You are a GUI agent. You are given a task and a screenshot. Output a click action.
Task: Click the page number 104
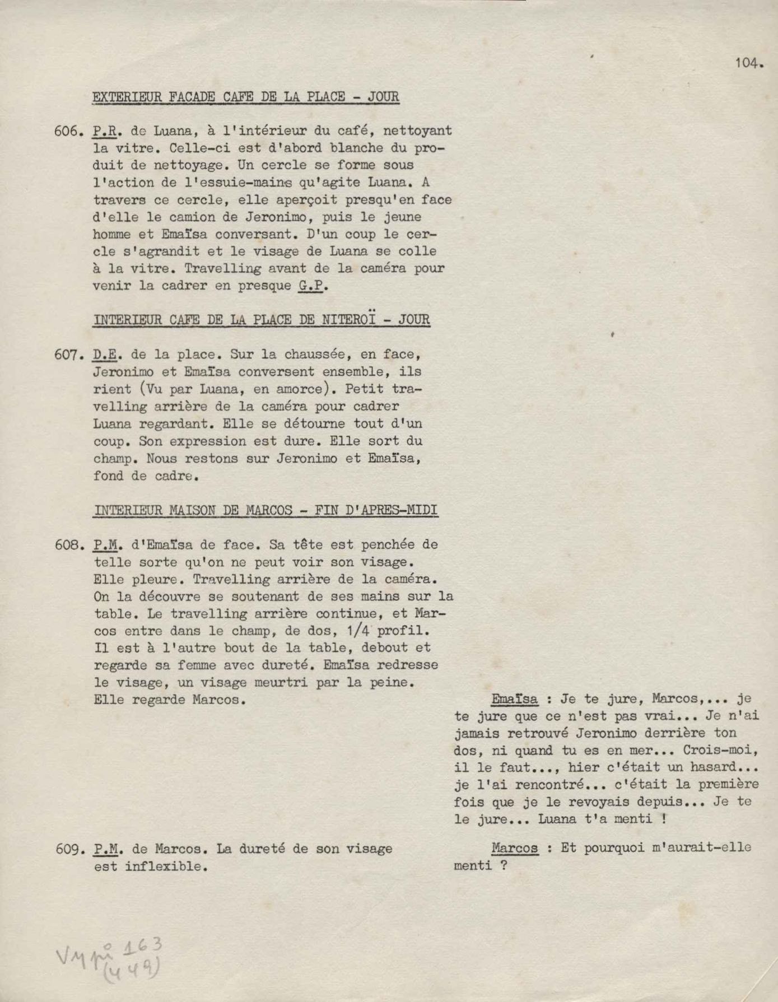[x=748, y=63]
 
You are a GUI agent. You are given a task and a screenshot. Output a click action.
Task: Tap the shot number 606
[x=69, y=131]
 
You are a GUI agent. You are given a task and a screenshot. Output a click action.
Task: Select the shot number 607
[x=69, y=355]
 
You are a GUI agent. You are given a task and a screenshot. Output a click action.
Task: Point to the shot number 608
[x=69, y=544]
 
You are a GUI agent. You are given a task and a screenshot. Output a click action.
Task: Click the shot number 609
[x=69, y=849]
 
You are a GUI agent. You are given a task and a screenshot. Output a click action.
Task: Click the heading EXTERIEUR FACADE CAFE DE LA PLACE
[x=246, y=97]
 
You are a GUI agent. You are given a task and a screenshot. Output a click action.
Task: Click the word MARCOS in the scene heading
[x=269, y=510]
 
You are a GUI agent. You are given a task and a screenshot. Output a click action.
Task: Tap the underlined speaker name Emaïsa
[x=514, y=699]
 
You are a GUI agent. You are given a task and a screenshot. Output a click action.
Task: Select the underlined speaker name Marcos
[x=514, y=848]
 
